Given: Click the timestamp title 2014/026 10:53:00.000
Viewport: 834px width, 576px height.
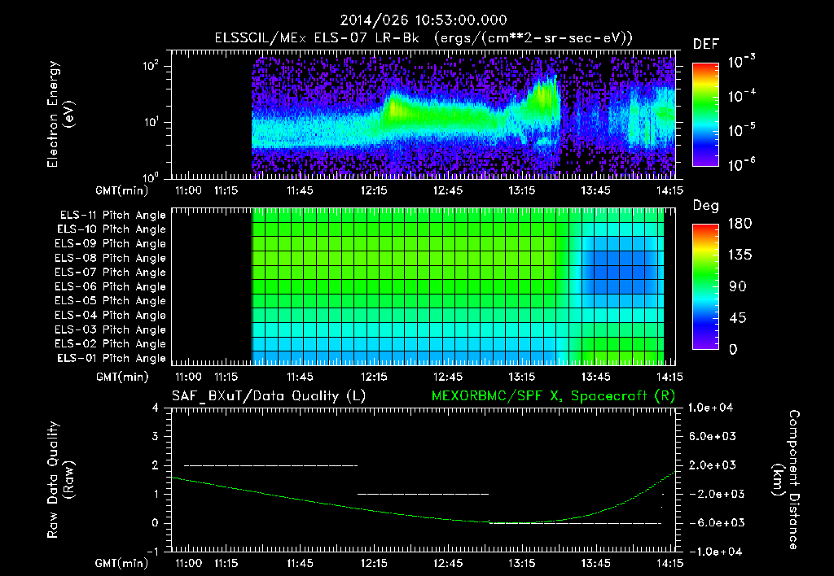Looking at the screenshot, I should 417,20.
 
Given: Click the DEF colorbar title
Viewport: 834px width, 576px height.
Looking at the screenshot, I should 705,44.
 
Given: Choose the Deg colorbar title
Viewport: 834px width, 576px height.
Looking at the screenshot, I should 705,206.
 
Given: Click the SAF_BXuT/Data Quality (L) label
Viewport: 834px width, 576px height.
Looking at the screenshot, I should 268,395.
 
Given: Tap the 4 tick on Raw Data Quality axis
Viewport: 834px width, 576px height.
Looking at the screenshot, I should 155,408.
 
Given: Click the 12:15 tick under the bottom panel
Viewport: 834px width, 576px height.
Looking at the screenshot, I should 374,562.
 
